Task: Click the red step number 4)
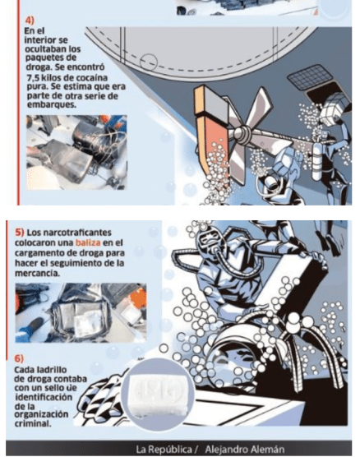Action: pos(30,21)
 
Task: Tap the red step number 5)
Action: pos(20,233)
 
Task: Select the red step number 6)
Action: pos(19,358)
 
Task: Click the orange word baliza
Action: pos(88,242)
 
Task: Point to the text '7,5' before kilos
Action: pos(33,78)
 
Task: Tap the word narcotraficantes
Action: pos(69,233)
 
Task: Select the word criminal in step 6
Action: pos(33,423)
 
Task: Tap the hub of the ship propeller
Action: pos(242,134)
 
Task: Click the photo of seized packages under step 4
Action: pos(76,152)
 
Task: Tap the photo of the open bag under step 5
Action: pos(81,312)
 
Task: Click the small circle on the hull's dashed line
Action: pos(149,62)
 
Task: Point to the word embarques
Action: pos(52,104)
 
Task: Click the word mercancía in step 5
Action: pos(37,273)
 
